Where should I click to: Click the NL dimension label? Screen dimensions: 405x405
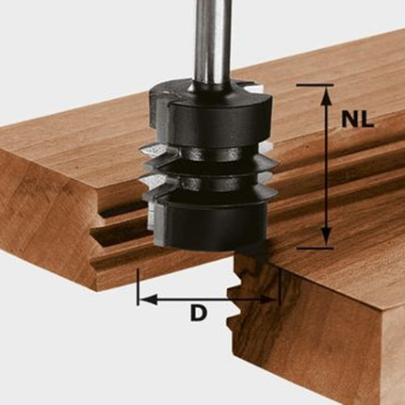click(358, 120)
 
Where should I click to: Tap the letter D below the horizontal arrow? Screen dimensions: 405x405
click(199, 314)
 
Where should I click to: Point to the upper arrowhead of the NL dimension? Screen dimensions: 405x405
click(327, 95)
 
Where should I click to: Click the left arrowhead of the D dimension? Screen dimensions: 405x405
click(148, 300)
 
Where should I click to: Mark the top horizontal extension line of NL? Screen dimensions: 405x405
click(315, 85)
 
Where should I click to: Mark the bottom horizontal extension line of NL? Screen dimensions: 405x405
click(315, 248)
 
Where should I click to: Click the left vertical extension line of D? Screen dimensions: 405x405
click(138, 286)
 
